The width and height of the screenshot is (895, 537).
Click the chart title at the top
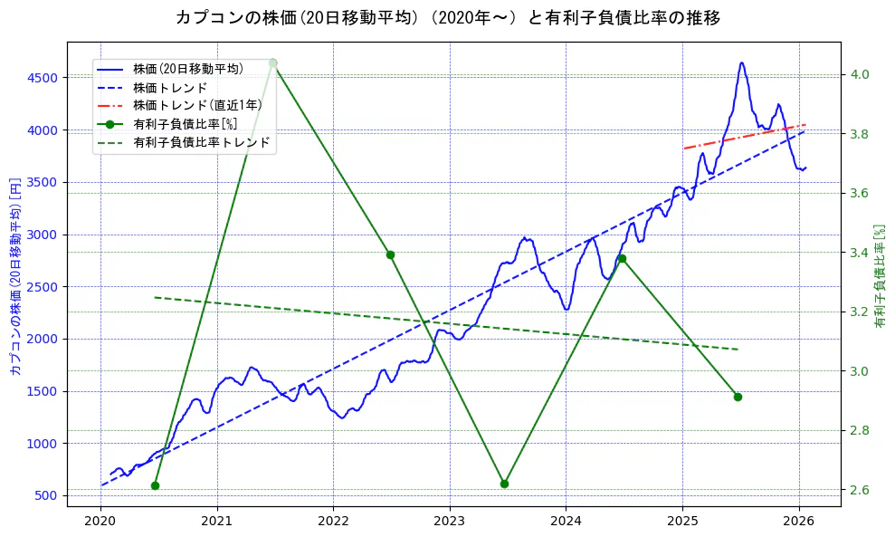coord(447,18)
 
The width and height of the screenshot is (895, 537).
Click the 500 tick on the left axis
coord(46,495)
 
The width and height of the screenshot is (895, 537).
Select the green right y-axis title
coord(880,276)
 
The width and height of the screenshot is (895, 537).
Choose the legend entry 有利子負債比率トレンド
coord(201,142)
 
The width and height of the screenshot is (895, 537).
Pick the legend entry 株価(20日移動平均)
coord(187,68)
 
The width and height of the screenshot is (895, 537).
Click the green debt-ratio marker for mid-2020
coord(155,485)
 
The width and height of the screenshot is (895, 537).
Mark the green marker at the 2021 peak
coord(273,63)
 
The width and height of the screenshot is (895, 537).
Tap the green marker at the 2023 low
coord(504,484)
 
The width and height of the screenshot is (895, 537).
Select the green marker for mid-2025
coord(738,397)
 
